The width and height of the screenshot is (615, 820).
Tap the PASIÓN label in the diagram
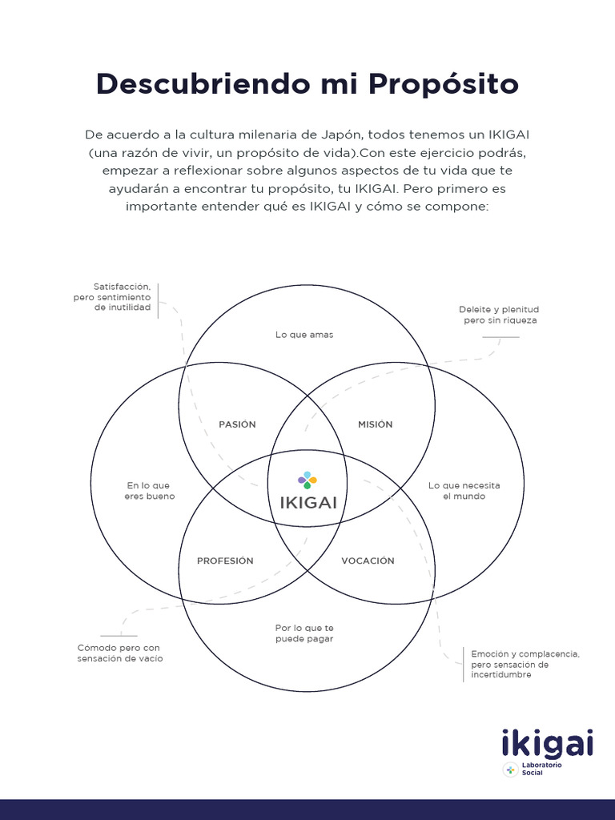(237, 424)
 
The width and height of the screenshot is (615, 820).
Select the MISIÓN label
(375, 424)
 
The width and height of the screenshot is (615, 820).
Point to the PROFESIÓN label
(225, 561)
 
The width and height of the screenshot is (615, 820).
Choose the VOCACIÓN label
(368, 561)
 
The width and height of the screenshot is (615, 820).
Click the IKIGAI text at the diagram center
(308, 503)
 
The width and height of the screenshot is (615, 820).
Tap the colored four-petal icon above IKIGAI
(307, 480)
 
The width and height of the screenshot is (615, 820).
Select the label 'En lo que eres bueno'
(149, 491)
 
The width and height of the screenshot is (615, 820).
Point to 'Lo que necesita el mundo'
(464, 491)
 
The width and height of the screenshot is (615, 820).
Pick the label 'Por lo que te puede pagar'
(304, 633)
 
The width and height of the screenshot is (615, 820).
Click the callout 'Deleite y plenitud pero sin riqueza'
(499, 315)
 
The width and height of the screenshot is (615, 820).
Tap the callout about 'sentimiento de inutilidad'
(122, 296)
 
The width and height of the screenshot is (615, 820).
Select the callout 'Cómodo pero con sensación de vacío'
(119, 653)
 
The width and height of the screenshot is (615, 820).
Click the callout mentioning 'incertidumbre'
(525, 665)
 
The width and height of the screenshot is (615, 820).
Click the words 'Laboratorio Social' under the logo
(541, 770)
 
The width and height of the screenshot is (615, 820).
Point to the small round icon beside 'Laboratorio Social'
(510, 770)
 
